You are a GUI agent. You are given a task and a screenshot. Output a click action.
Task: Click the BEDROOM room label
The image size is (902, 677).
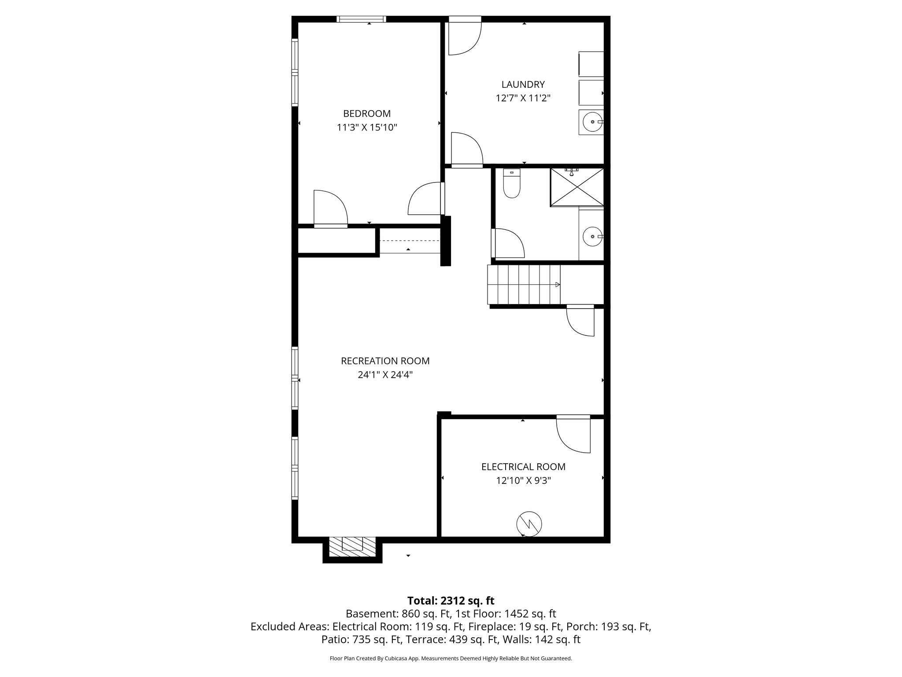pyautogui.click(x=367, y=114)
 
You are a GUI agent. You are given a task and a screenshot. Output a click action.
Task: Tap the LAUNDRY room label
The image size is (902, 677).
pyautogui.click(x=523, y=84)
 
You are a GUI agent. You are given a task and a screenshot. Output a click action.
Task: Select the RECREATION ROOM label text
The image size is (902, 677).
pyautogui.click(x=385, y=361)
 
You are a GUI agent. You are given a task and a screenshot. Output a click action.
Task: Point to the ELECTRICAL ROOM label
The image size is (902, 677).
pyautogui.click(x=523, y=467)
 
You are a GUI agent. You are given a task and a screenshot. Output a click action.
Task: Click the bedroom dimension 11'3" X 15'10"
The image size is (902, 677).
pyautogui.click(x=367, y=128)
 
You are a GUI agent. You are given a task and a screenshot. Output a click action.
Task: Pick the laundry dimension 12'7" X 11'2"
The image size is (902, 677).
pyautogui.click(x=523, y=98)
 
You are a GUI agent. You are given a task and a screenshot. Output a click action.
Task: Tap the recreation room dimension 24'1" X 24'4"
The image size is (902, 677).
pyautogui.click(x=385, y=375)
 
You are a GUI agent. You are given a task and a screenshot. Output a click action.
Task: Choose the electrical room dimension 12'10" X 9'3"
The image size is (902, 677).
pyautogui.click(x=523, y=480)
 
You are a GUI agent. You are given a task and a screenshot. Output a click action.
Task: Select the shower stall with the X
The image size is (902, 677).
pyautogui.click(x=577, y=187)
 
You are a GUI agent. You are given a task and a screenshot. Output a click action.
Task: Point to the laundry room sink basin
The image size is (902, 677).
pyautogui.click(x=592, y=122)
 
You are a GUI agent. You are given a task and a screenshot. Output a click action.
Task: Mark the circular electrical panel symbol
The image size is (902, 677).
pyautogui.click(x=529, y=524)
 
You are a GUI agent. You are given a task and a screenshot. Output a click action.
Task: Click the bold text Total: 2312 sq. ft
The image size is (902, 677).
pyautogui.click(x=451, y=601)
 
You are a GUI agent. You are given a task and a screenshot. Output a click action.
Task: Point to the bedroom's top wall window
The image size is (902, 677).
pyautogui.click(x=362, y=19)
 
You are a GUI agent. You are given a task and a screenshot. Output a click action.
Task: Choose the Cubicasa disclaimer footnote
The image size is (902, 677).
pyautogui.click(x=451, y=658)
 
